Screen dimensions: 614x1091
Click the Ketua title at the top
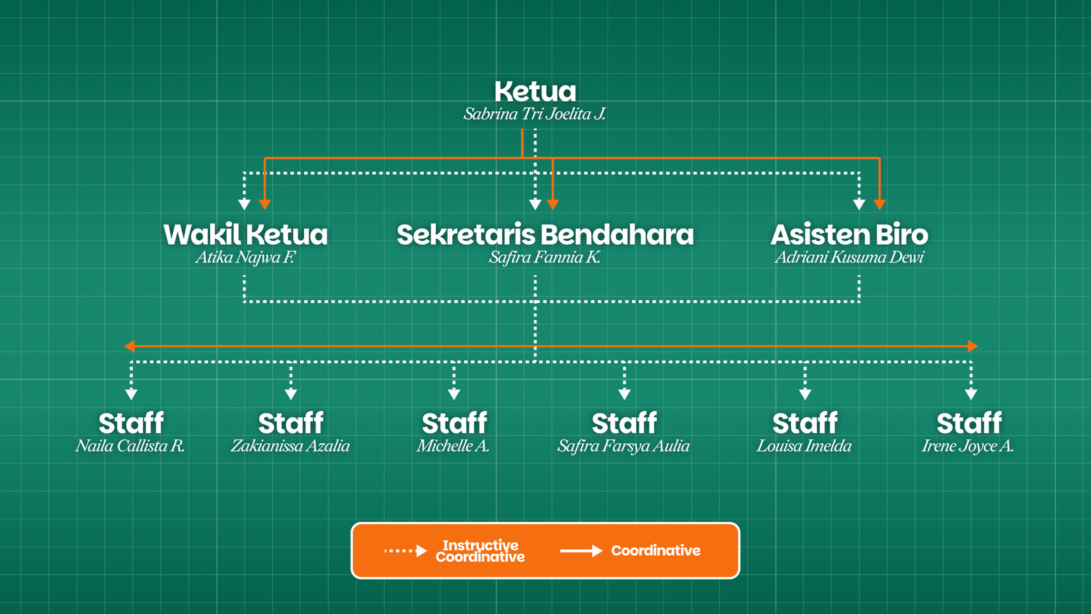pyautogui.click(x=535, y=91)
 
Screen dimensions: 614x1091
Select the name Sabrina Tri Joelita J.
pyautogui.click(x=534, y=114)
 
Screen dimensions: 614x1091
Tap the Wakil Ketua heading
pyautogui.click(x=245, y=234)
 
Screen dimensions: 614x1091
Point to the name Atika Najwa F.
pyautogui.click(x=245, y=257)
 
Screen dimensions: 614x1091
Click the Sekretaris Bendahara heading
pyautogui.click(x=545, y=234)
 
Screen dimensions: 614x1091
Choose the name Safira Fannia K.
pyautogui.click(x=545, y=257)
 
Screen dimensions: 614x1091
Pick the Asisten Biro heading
pyautogui.click(x=849, y=234)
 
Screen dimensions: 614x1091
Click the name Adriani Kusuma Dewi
pyautogui.click(x=849, y=257)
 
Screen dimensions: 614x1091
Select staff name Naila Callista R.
pyautogui.click(x=130, y=446)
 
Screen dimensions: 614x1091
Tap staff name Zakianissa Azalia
pyautogui.click(x=290, y=446)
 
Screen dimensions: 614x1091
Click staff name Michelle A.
pyautogui.click(x=454, y=446)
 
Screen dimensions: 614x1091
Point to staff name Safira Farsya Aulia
pyautogui.click(x=624, y=446)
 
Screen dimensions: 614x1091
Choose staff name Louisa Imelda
pyautogui.click(x=804, y=446)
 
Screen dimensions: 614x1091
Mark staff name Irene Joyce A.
pyautogui.click(x=968, y=446)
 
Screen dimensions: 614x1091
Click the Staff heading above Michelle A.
pyautogui.click(x=454, y=423)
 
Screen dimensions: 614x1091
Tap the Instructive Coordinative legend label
pyautogui.click(x=480, y=550)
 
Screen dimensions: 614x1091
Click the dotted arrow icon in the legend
pyautogui.click(x=405, y=550)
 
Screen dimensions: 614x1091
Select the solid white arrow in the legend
pyautogui.click(x=581, y=550)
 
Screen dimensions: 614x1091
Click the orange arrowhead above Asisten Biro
pyautogui.click(x=879, y=205)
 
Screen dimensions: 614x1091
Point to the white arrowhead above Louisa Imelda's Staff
pyautogui.click(x=805, y=395)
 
